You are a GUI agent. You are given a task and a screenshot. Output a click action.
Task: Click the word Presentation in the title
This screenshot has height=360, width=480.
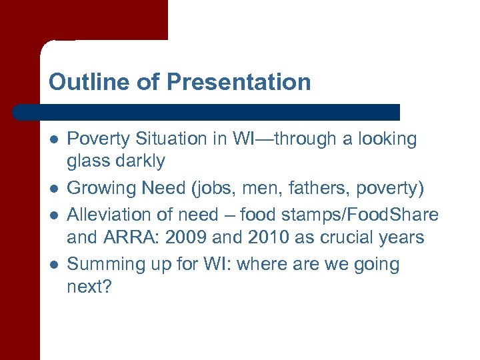point(239,82)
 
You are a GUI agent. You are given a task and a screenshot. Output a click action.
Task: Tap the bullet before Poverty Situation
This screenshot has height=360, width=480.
point(53,139)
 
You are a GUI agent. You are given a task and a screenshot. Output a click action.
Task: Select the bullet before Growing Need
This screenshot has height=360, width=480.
point(53,189)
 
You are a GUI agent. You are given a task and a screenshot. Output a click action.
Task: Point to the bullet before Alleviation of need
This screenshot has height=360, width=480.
point(53,215)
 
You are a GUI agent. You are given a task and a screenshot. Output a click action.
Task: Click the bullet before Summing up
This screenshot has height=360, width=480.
point(53,265)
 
